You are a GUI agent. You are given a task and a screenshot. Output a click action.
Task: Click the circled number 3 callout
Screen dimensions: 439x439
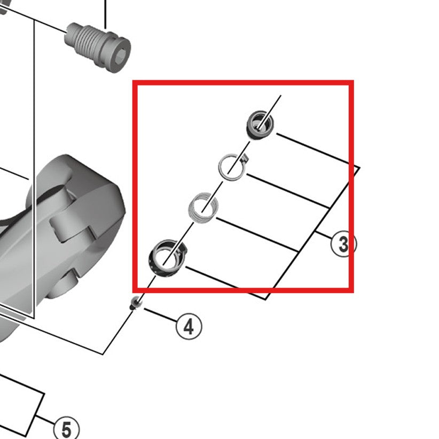(342, 244)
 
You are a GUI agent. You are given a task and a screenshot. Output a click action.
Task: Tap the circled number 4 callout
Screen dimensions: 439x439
(189, 326)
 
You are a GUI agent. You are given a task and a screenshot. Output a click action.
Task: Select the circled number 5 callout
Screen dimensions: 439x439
(66, 429)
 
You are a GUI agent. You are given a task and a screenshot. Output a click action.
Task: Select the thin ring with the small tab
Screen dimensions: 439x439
(230, 166)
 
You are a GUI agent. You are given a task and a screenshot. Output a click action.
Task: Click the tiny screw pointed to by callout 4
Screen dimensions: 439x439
(136, 303)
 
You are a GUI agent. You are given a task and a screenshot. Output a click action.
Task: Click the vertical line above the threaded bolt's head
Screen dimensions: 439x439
(105, 13)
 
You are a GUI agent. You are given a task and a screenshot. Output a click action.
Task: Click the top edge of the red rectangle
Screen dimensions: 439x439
(243, 83)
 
